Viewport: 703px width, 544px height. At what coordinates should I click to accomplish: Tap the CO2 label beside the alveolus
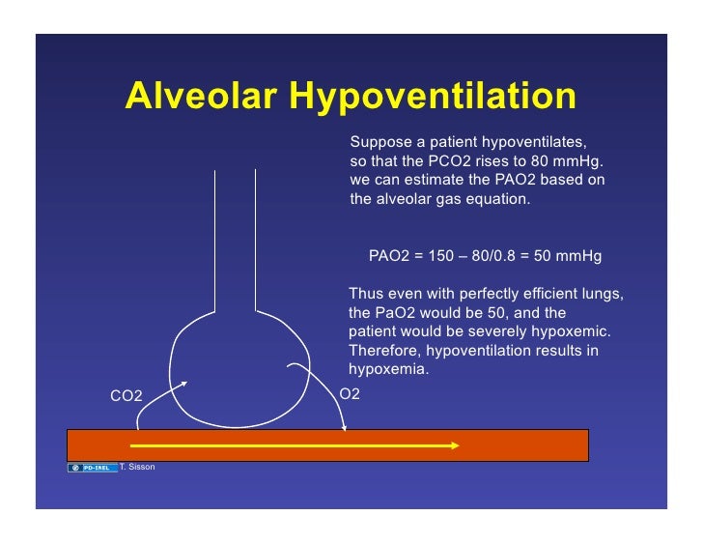pyautogui.click(x=126, y=396)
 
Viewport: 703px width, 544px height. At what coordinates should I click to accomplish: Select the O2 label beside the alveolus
pyautogui.click(x=350, y=394)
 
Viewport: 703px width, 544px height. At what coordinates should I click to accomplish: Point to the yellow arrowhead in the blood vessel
pyautogui.click(x=453, y=445)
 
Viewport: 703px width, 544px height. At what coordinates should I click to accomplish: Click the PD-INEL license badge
pyautogui.click(x=93, y=468)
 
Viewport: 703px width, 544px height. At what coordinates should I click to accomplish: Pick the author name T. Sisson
pyautogui.click(x=137, y=468)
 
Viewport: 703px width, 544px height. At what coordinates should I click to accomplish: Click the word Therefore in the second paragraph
pyautogui.click(x=382, y=350)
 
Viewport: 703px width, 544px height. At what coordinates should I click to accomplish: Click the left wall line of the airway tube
pyautogui.click(x=214, y=242)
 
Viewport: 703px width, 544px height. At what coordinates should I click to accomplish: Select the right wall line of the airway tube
pyautogui.click(x=255, y=242)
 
